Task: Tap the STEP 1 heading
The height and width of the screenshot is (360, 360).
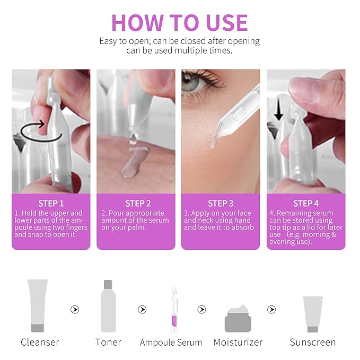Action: coord(51,204)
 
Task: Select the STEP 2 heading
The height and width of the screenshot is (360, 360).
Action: coord(138,204)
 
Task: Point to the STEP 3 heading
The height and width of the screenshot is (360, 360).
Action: coord(221,204)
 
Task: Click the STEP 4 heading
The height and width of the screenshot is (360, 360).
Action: coord(306,204)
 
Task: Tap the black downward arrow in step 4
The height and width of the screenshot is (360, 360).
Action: coord(278,109)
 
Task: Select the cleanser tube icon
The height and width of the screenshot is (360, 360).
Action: coord(38,305)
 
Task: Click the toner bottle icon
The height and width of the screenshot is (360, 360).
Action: coord(108,306)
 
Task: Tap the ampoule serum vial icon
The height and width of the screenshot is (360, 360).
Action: coord(174,310)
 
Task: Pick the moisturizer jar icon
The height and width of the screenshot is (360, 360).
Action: coord(238,319)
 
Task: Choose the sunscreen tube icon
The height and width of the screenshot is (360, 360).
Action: coord(313,314)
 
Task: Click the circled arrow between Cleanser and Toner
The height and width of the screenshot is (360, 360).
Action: coord(75,310)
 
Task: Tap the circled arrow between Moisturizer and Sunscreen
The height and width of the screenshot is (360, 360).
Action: coord(271,310)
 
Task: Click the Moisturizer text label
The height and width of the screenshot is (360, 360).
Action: coord(238,343)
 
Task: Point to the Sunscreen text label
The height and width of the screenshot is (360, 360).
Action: coord(313,343)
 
